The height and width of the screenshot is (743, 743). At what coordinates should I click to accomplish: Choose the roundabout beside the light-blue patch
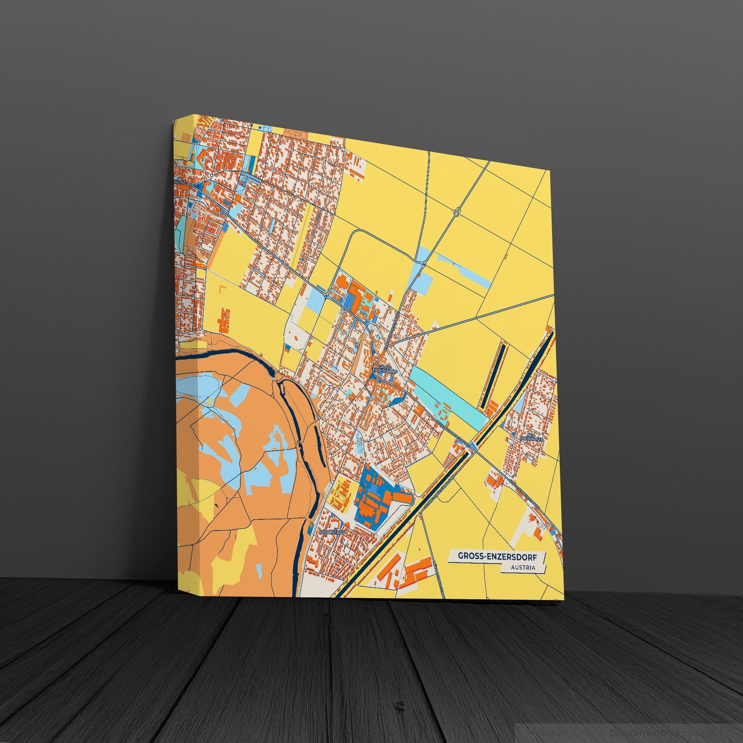coord(423,264)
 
